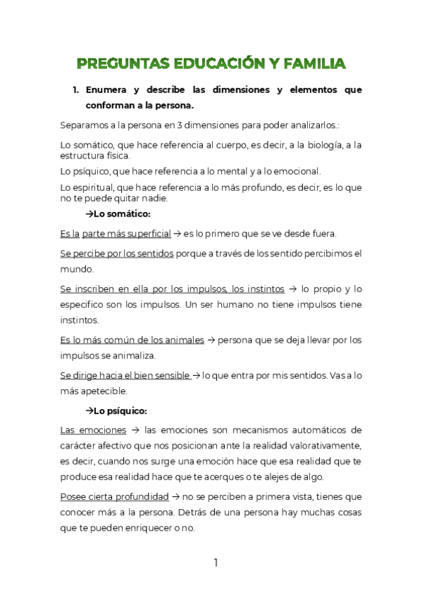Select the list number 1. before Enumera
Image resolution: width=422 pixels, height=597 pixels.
pos(77,90)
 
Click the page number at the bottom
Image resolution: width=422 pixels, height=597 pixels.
pos(216,563)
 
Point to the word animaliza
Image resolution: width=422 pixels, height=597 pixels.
pos(139,356)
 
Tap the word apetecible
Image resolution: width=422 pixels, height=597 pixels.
pos(103,391)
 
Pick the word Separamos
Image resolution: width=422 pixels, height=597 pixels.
pos(85,126)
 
